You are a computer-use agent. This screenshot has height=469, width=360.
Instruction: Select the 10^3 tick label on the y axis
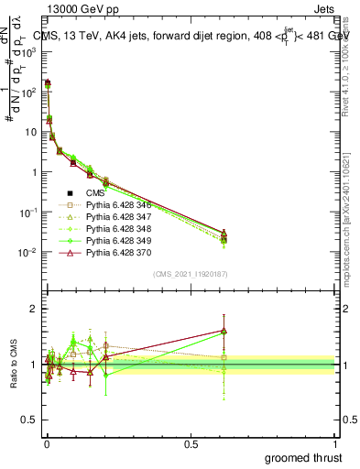pyautogui.click(x=28, y=52)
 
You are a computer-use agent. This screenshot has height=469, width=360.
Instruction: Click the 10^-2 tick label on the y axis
pyautogui.click(x=28, y=253)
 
